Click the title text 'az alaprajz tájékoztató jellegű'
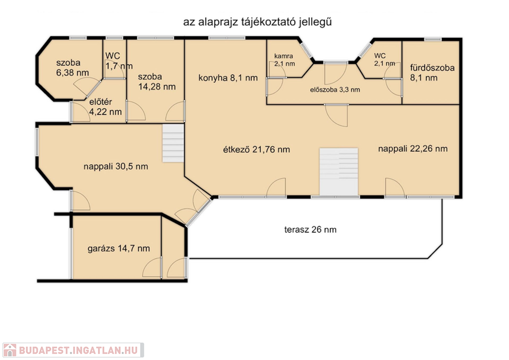257,22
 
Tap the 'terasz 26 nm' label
310,230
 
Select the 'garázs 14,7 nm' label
119,249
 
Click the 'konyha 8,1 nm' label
228,78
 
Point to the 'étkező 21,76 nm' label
256,150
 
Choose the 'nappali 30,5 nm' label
116,167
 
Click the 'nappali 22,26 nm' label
413,149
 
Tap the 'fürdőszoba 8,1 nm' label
432,73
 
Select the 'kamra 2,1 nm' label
284,60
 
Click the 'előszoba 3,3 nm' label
335,90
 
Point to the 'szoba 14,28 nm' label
157,82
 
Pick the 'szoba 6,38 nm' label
73,68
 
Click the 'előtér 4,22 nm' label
105,107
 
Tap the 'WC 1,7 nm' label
119,61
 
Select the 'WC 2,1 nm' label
384,60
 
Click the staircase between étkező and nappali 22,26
339,172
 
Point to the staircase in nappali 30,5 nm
173,143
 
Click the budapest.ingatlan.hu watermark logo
74,350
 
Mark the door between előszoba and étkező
337,115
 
